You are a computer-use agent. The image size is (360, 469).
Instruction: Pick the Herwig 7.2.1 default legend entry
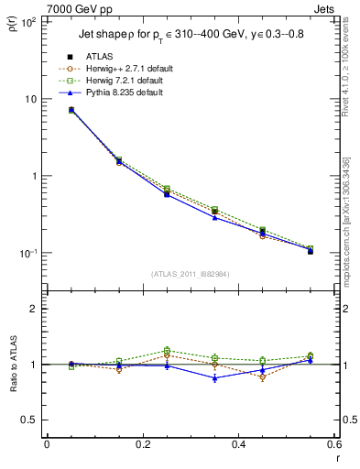point(133,81)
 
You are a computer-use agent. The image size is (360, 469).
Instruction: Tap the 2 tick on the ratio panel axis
point(34,309)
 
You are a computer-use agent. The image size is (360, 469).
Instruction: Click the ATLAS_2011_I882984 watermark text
point(190,274)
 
